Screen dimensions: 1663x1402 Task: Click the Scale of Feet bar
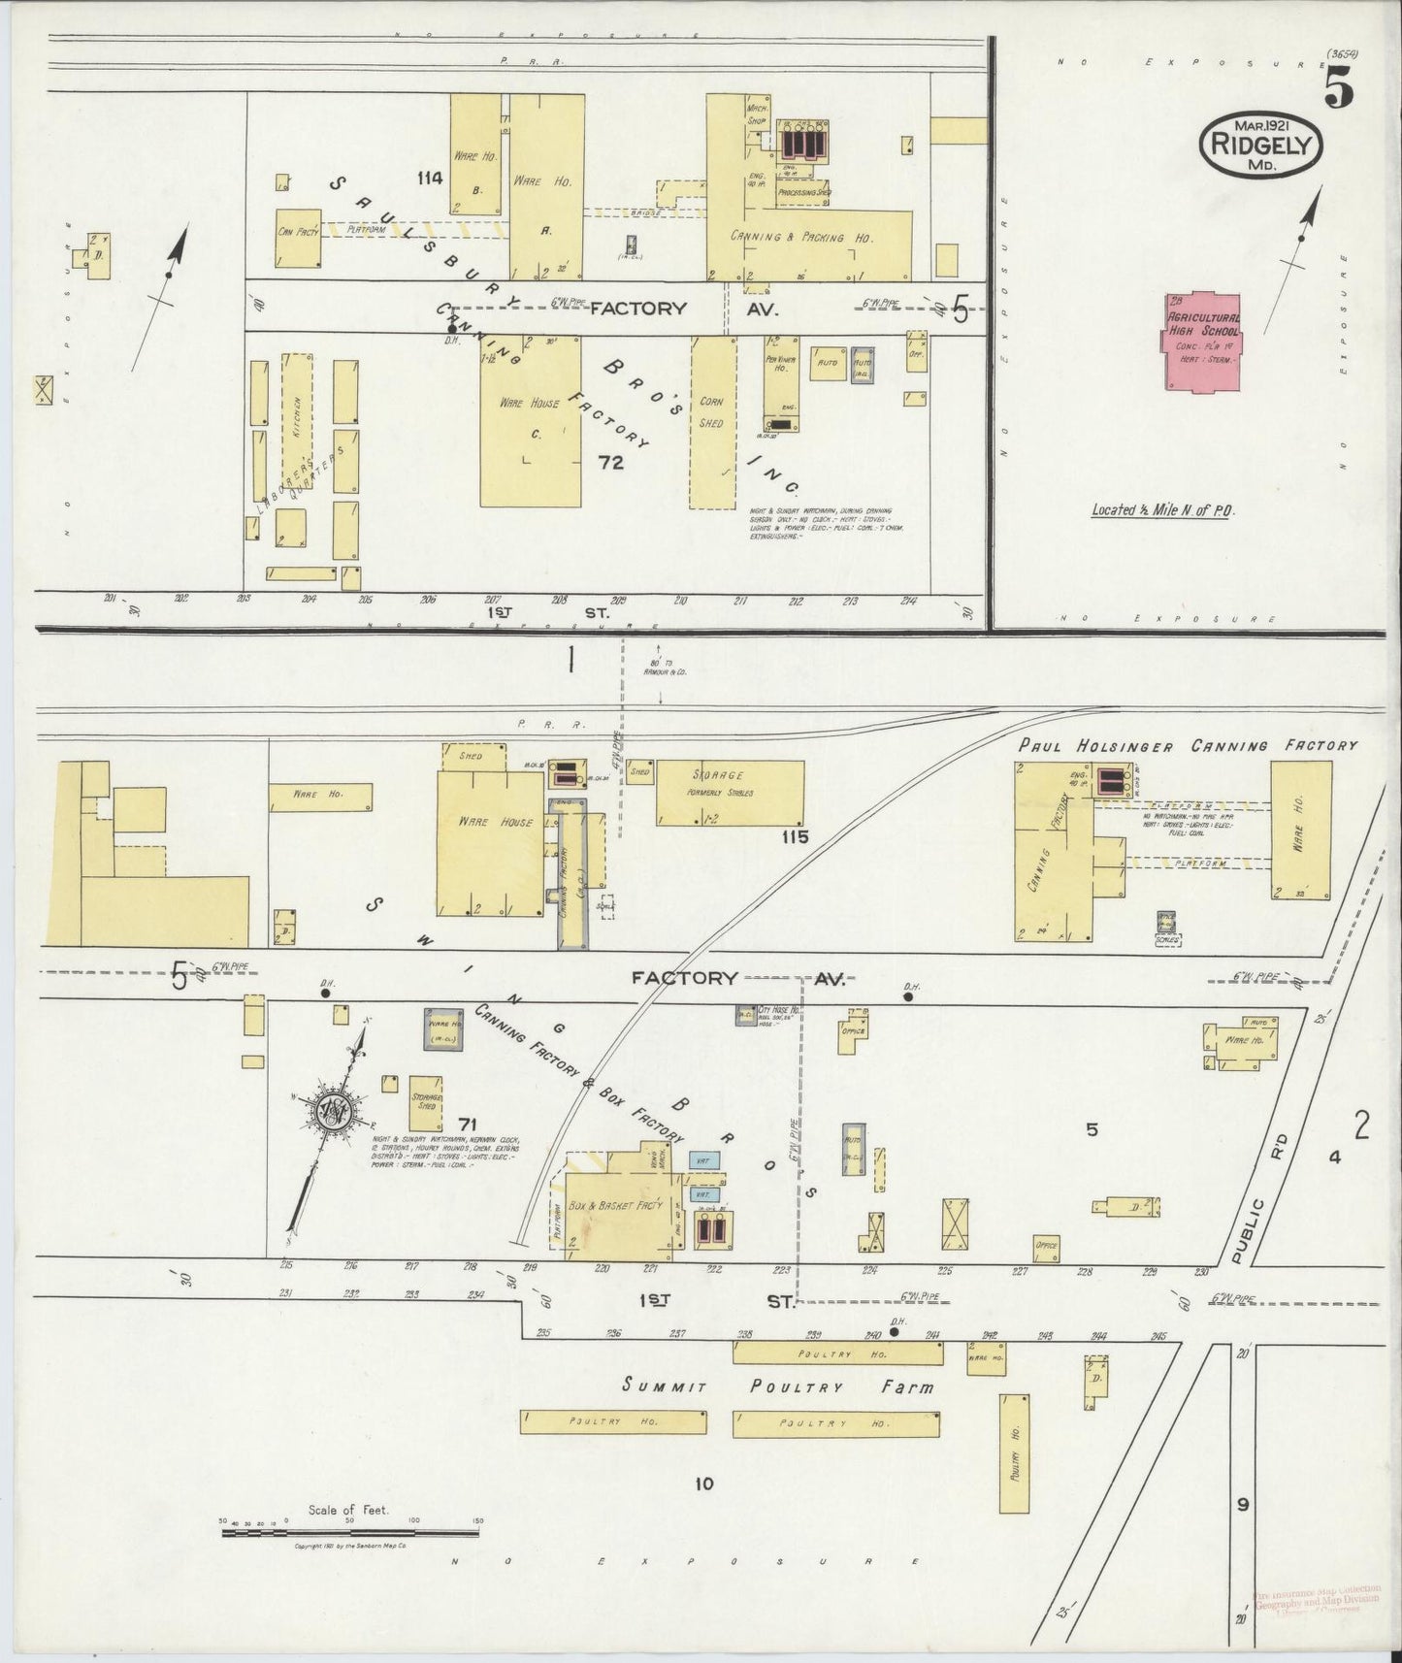(x=349, y=1532)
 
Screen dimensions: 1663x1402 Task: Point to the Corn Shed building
(x=712, y=422)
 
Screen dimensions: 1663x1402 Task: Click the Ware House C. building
(x=530, y=420)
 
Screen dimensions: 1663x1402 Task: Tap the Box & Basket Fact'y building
(x=616, y=1203)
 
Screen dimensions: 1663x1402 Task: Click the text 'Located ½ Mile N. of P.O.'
(x=1160, y=509)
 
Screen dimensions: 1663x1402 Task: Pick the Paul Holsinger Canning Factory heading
(x=1188, y=745)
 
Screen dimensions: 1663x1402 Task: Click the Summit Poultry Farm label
(x=779, y=1386)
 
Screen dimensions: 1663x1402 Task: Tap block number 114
(x=429, y=178)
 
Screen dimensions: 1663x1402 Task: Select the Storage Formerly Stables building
(x=730, y=792)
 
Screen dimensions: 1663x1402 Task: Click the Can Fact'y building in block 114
(x=298, y=239)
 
